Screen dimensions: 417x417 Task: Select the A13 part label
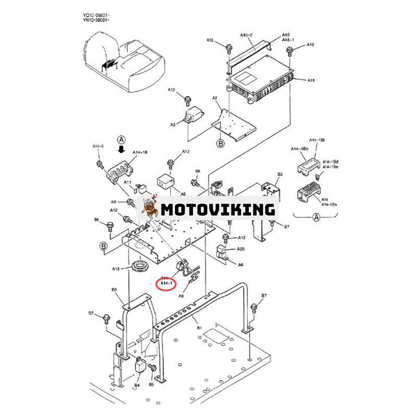[x=117, y=268]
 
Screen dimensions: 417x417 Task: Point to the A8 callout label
[x=181, y=296]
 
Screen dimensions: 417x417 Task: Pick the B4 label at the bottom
[x=137, y=385]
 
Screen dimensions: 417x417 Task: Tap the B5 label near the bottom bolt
[x=152, y=385]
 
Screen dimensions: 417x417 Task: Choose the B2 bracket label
[x=114, y=289]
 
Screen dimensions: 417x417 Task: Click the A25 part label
[x=241, y=249]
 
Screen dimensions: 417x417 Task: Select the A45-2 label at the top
[x=247, y=35]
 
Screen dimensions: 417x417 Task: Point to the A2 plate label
[x=215, y=98]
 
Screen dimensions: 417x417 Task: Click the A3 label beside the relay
[x=173, y=125]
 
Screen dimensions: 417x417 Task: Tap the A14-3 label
[x=98, y=147]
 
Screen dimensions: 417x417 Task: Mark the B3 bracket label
[x=280, y=174]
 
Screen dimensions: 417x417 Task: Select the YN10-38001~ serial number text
[x=99, y=20]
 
